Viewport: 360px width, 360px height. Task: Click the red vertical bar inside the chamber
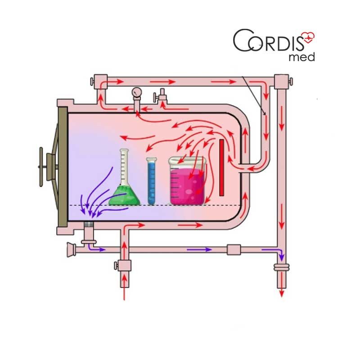point(221,167)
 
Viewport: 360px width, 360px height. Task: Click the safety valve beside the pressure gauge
point(161,95)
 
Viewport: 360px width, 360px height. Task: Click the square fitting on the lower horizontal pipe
point(234,249)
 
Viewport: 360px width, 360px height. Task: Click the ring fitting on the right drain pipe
point(282,268)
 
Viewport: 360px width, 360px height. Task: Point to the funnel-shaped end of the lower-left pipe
point(71,249)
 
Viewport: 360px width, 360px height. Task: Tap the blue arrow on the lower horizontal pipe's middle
point(197,249)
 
